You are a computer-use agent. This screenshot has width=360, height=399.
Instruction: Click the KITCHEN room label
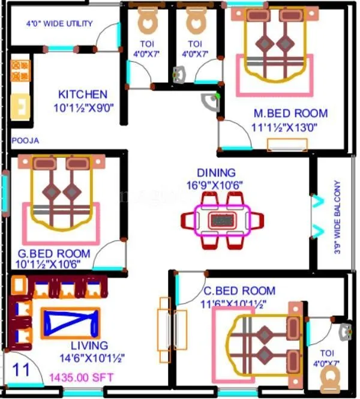pyautogui.click(x=83, y=94)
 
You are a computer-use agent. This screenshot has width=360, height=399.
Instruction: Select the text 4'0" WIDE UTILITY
pyautogui.click(x=59, y=24)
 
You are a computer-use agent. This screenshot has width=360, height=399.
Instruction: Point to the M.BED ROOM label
pyautogui.click(x=290, y=113)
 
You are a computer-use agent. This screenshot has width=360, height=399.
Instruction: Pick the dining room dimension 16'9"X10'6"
pyautogui.click(x=215, y=185)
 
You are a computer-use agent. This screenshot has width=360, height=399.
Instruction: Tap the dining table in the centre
pyautogui.click(x=223, y=221)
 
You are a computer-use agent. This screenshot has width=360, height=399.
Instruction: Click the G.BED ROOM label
pyautogui.click(x=53, y=253)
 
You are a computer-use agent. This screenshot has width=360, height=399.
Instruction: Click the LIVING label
pyautogui.click(x=89, y=346)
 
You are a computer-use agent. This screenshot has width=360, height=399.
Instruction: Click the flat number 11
pyautogui.click(x=21, y=369)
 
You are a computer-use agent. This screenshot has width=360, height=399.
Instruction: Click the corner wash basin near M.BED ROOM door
pyautogui.click(x=210, y=103)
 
